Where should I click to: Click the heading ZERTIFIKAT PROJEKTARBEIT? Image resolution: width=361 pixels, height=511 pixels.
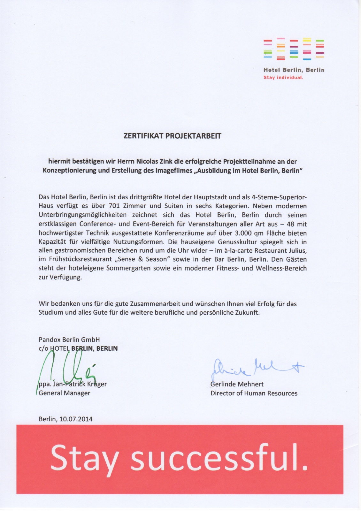(172, 136)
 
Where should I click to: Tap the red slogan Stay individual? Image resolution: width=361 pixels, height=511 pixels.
(283, 78)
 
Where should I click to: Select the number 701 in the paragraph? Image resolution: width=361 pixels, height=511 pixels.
(114, 206)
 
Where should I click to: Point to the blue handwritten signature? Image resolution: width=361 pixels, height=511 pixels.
(256, 369)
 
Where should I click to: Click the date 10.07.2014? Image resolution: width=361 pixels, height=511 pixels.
(76, 419)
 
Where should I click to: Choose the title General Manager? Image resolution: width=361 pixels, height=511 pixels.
(65, 393)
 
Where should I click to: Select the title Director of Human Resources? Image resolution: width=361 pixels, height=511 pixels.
(254, 393)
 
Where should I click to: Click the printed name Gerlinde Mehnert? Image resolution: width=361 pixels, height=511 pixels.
(237, 384)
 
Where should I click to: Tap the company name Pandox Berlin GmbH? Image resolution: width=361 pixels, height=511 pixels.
(69, 339)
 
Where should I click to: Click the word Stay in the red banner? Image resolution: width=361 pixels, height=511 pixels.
(85, 458)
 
